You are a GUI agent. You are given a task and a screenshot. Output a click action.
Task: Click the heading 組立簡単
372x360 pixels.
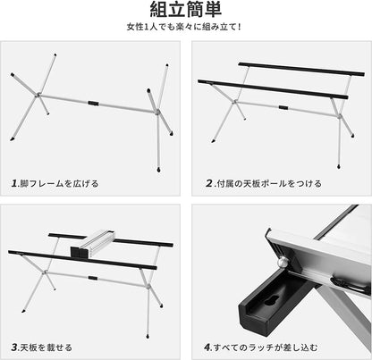[x=185, y=13]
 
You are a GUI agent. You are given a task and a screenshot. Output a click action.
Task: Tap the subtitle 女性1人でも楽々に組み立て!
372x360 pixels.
[x=185, y=38]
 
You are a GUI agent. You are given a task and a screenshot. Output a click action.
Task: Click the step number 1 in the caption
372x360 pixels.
[x=14, y=183]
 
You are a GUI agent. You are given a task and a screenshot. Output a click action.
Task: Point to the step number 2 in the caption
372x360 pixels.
[x=207, y=183]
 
